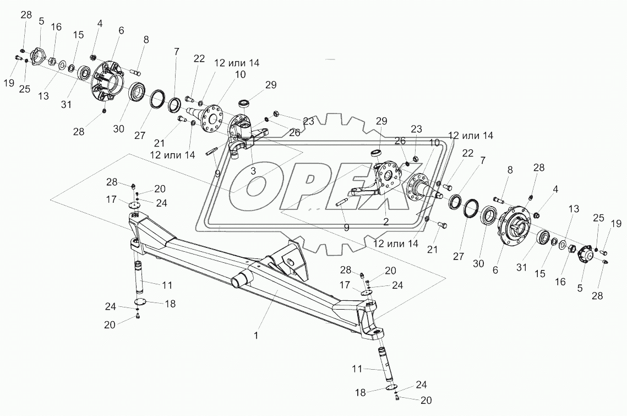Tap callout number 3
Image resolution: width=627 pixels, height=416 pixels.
pos(253,171)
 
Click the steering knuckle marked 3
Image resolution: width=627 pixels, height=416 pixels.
pos(245,135)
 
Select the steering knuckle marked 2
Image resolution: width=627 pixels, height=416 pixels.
pos(385,176)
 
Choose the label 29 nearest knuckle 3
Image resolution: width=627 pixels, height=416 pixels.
pos(271,85)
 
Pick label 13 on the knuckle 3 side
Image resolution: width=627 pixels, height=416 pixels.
pos(43,95)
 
